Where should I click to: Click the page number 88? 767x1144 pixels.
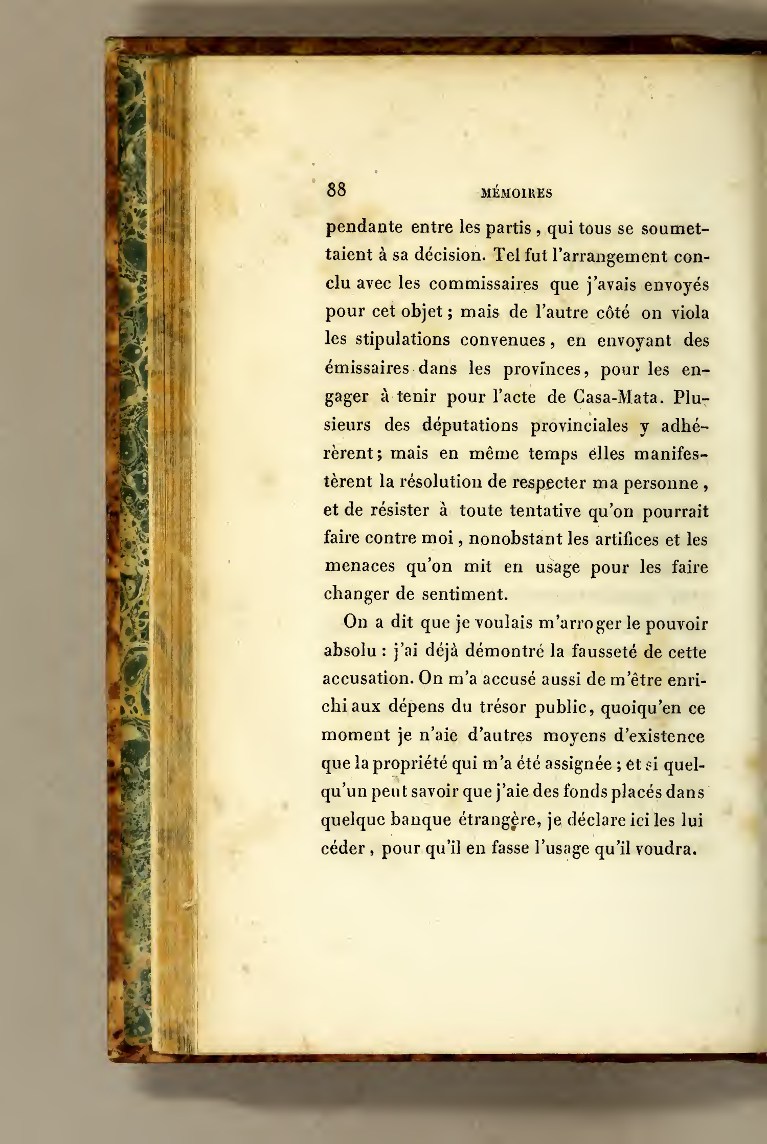[x=337, y=190]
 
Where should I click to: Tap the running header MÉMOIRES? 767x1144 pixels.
[x=516, y=193]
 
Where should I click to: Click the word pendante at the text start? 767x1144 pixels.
[x=364, y=227]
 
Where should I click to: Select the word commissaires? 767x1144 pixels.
[x=484, y=284]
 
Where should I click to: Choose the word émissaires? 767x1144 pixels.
[x=367, y=369]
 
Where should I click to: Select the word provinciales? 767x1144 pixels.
[x=579, y=426]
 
